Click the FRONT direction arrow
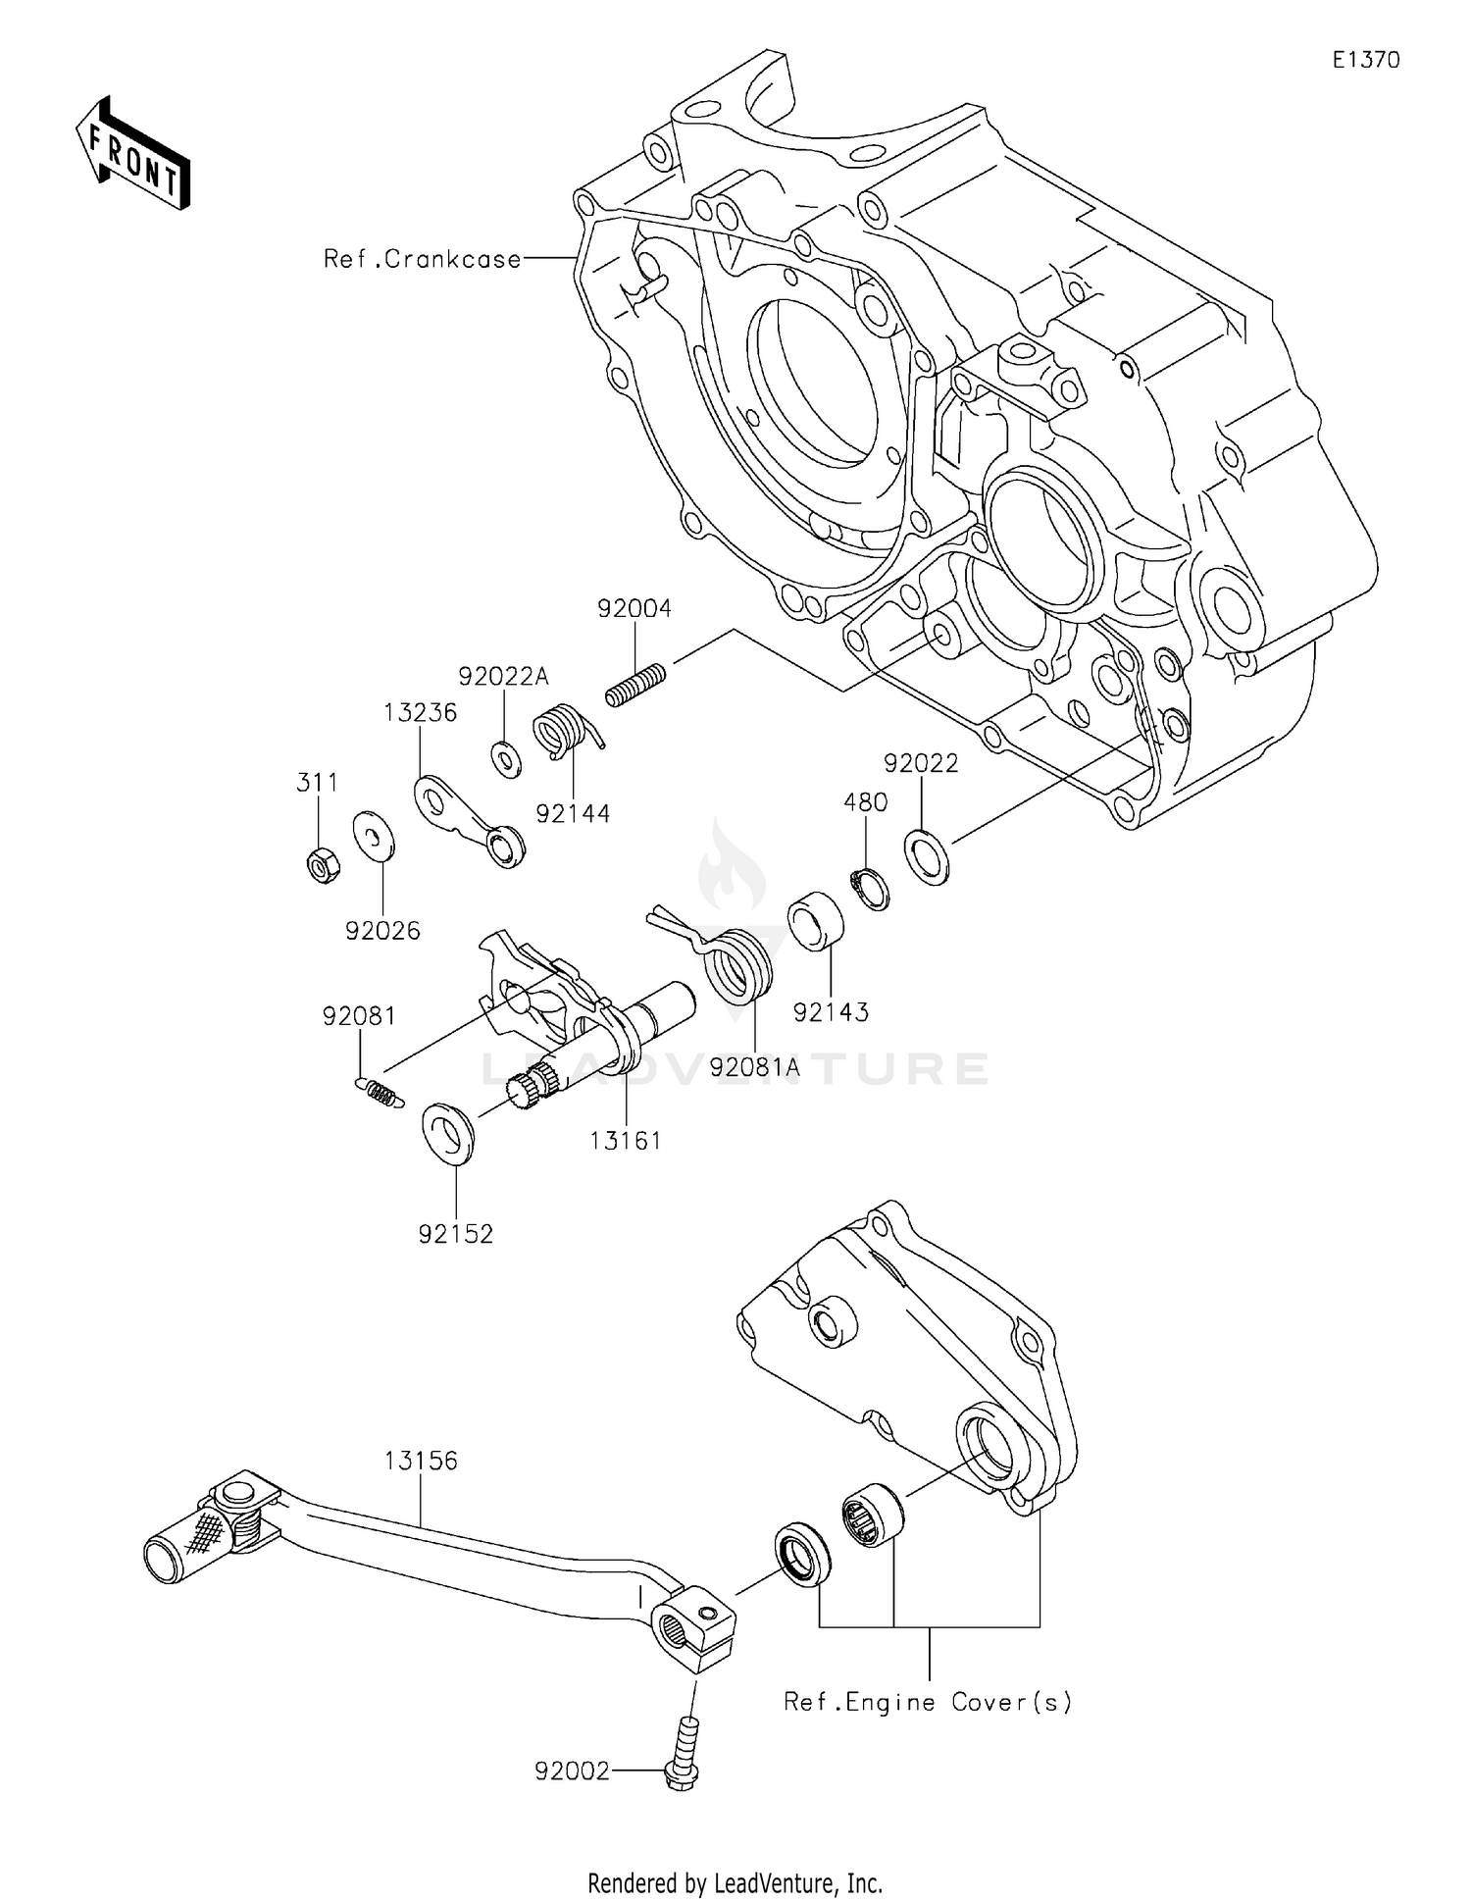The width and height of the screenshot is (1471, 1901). [132, 154]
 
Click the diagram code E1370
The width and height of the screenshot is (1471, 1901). [1365, 60]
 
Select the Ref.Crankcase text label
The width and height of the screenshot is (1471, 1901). [423, 259]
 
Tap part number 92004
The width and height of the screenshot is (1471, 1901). [634, 609]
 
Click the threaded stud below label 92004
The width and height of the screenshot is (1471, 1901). [635, 686]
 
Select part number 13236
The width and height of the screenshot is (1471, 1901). [420, 713]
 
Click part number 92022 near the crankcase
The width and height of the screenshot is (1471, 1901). [921, 763]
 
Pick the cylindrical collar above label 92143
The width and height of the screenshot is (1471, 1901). [815, 921]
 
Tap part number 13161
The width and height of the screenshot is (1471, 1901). [626, 1141]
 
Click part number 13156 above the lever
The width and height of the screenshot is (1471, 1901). [421, 1461]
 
